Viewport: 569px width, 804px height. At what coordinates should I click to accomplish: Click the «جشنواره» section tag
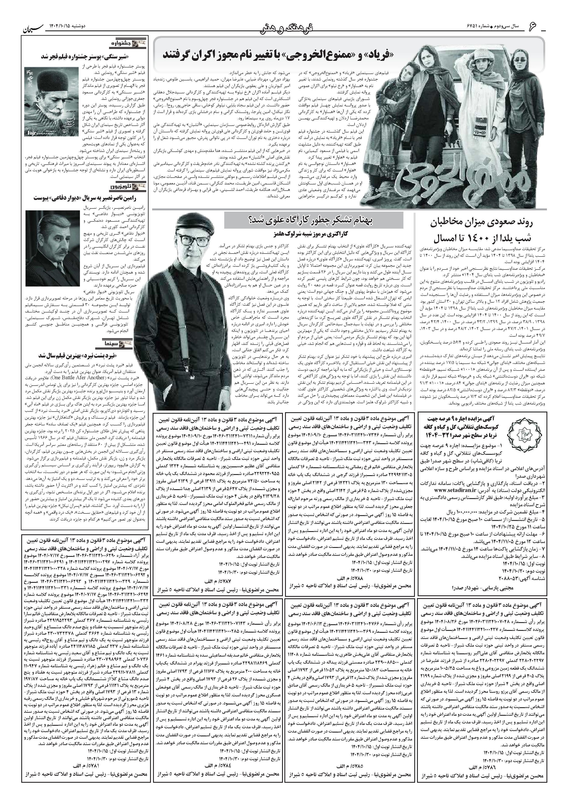[x=135, y=44]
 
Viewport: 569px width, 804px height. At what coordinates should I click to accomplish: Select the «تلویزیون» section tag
[x=135, y=188]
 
